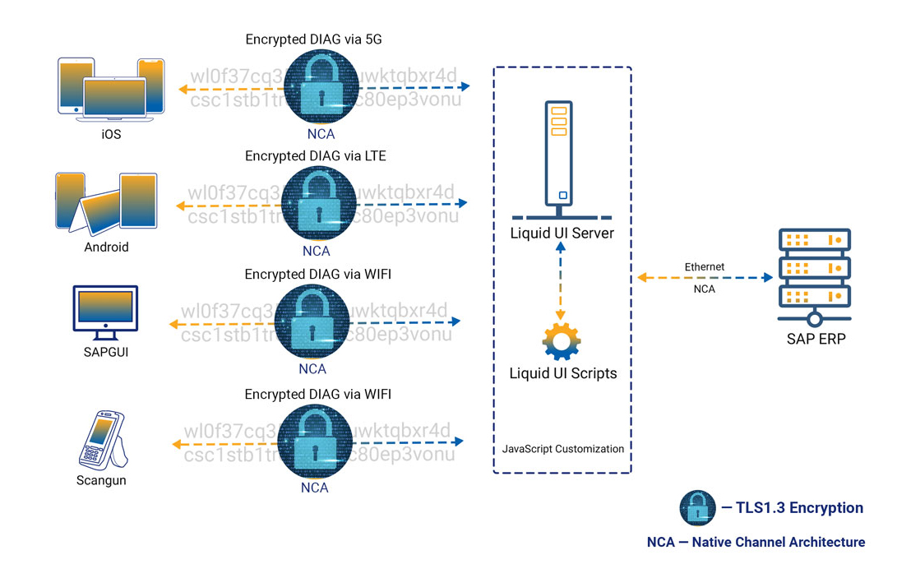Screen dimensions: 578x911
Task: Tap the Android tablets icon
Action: pos(106,202)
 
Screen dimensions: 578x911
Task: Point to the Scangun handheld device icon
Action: pos(104,440)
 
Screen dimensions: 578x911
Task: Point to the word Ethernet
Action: pos(705,267)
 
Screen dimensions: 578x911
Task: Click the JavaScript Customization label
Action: pos(562,449)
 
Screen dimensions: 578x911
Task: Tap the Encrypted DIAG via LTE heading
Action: pos(315,156)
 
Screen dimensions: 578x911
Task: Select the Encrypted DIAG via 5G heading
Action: pos(313,39)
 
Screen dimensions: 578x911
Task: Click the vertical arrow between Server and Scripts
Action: pos(562,280)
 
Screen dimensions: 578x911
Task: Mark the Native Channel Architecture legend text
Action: pos(756,542)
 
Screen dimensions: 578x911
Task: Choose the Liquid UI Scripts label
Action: pos(562,373)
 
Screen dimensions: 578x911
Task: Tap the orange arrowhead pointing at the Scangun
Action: pos(177,444)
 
